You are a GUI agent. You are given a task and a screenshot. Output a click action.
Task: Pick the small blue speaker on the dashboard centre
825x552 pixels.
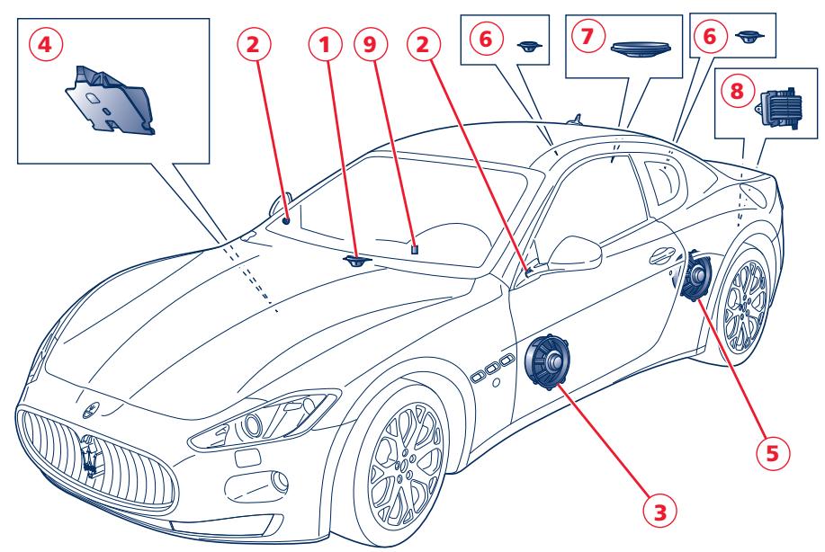click(x=358, y=261)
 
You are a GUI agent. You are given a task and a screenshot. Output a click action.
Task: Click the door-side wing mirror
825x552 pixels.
click(x=576, y=253)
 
